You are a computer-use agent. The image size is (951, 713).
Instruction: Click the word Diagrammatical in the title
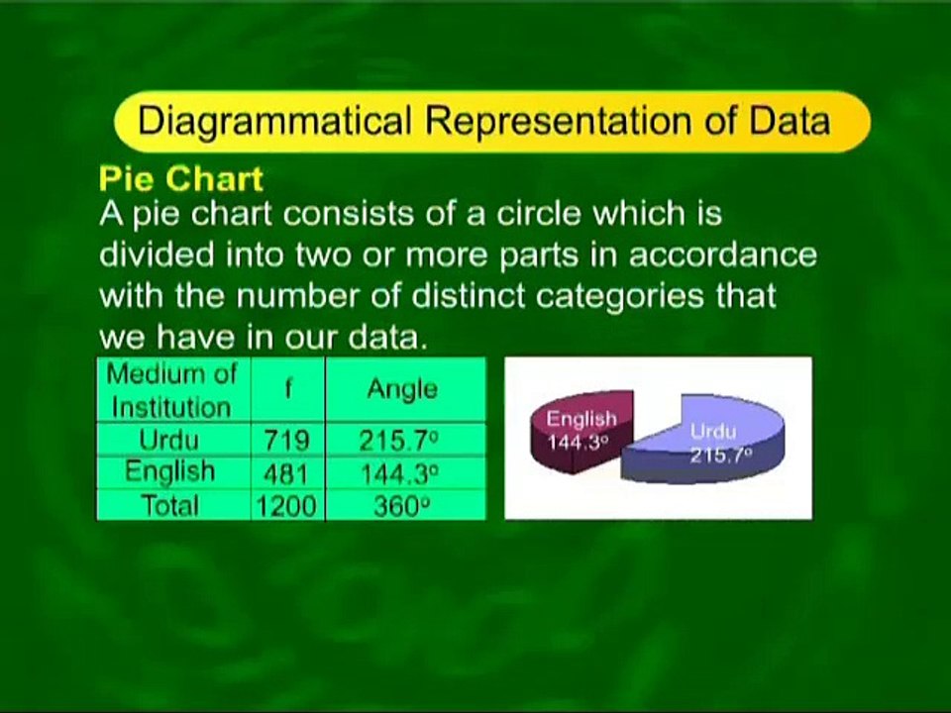[x=274, y=121]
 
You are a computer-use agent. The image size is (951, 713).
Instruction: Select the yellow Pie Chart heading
[x=180, y=179]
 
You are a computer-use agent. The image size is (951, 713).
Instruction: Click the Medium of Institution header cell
[x=172, y=390]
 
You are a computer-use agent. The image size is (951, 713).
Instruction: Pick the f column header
[x=288, y=390]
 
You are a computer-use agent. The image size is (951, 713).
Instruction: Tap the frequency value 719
[x=286, y=441]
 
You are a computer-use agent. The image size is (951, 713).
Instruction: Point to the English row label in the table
[x=169, y=471]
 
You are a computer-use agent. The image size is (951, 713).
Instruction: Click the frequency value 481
[x=286, y=473]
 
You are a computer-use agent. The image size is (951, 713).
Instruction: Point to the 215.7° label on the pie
[x=721, y=455]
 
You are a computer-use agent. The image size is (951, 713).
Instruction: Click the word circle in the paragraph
[x=538, y=214]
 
